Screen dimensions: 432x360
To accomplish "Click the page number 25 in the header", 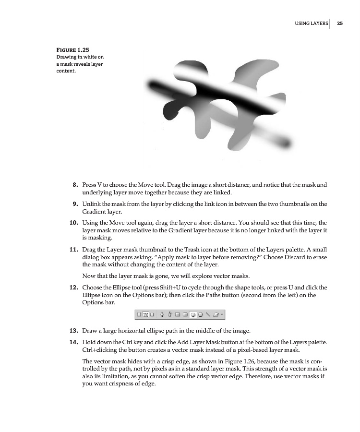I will (339, 23).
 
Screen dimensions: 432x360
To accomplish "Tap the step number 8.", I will (75, 184).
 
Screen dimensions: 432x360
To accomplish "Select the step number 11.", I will (73, 250).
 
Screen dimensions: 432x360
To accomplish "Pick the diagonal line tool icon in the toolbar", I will (208, 315).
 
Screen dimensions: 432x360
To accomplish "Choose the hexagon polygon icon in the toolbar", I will (201, 315).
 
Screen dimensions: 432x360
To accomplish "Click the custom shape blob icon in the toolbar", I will (216, 315).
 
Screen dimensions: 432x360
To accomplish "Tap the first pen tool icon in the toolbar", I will (162, 315).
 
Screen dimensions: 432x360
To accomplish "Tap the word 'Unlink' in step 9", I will (91, 204).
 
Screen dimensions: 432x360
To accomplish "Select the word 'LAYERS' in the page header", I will (318, 23).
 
